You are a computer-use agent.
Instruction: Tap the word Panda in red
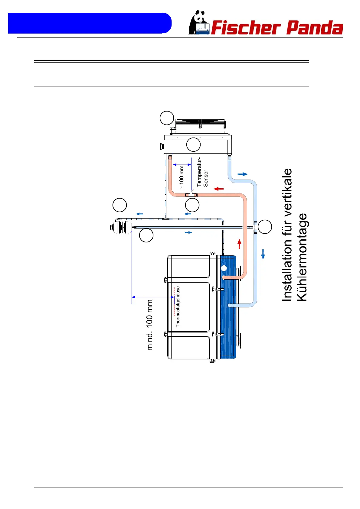click(315, 28)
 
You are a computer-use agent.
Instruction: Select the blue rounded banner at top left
click(90, 23)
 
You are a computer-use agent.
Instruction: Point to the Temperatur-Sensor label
click(202, 172)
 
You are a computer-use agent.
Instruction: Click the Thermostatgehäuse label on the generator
click(178, 306)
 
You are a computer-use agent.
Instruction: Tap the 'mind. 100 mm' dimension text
click(150, 325)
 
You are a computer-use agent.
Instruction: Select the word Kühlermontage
click(302, 257)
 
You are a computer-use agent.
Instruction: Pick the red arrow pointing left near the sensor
click(218, 189)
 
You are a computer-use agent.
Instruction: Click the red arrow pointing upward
click(239, 244)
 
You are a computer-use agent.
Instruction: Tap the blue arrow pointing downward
click(263, 254)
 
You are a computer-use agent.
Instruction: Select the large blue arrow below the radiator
click(243, 174)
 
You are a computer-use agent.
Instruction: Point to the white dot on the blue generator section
click(224, 268)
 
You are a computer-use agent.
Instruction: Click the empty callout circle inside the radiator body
click(193, 144)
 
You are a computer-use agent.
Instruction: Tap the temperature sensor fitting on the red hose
click(191, 194)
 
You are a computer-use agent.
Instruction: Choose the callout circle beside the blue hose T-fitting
click(265, 227)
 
